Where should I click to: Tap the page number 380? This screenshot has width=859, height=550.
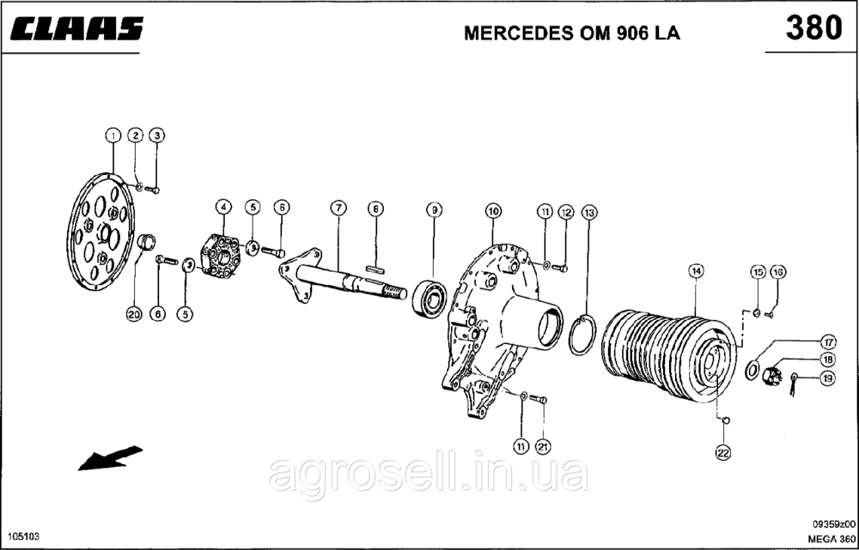[813, 27]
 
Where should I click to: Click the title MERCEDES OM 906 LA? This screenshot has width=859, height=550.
[564, 33]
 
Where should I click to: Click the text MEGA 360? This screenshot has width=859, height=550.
[831, 537]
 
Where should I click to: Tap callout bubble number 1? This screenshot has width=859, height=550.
[113, 136]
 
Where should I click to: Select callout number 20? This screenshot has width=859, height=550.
[133, 315]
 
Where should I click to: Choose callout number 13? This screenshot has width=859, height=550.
[588, 211]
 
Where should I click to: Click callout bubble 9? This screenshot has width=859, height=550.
[435, 209]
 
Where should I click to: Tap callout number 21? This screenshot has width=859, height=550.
[542, 445]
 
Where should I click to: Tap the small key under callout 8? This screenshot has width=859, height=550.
[374, 268]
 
